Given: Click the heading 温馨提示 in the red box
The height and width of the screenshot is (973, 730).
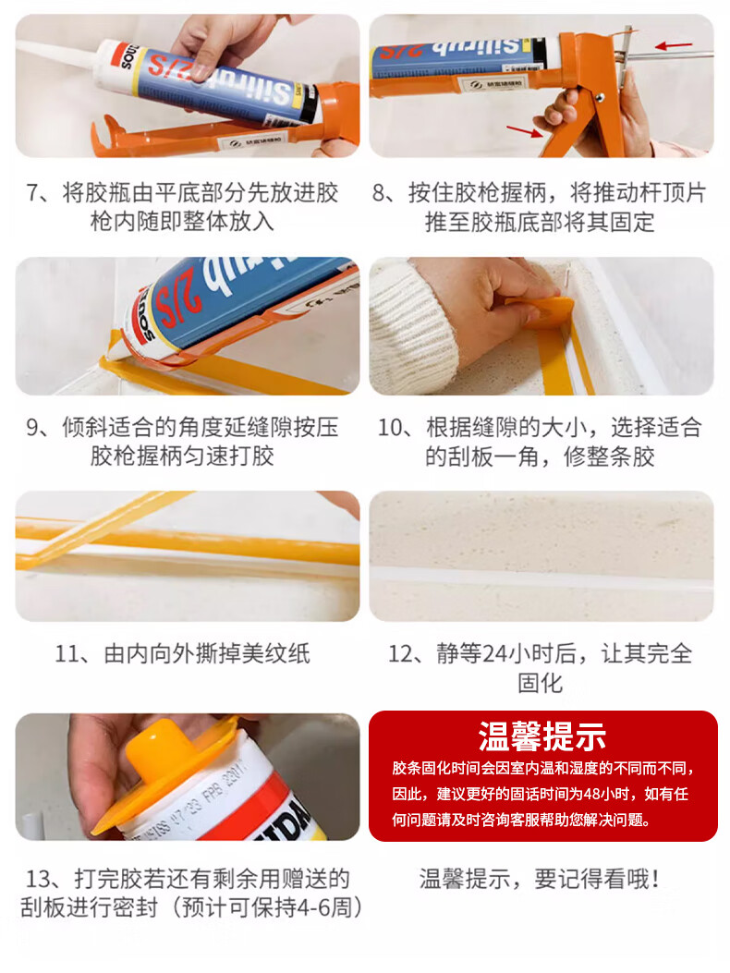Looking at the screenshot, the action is [x=541, y=737].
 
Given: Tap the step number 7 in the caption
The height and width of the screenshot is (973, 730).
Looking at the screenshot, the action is [x=33, y=193].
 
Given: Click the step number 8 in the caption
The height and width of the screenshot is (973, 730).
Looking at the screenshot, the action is [x=379, y=193].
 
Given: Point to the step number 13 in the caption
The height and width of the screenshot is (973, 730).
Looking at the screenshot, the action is [x=38, y=879].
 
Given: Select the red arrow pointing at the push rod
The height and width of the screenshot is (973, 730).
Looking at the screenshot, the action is [x=675, y=45].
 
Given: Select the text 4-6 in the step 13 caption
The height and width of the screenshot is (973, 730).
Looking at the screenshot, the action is [x=312, y=907].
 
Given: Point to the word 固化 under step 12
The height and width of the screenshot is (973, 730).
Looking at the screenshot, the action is [x=540, y=683].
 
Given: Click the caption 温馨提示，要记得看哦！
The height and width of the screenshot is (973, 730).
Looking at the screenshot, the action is [x=538, y=879].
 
